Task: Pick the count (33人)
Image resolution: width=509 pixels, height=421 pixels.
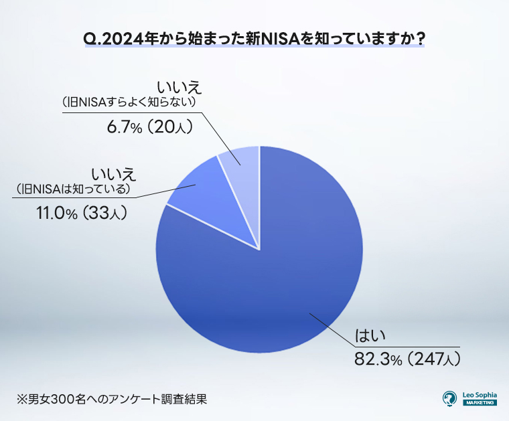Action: click(x=104, y=214)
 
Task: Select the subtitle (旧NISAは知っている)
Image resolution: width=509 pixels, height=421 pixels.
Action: click(x=73, y=189)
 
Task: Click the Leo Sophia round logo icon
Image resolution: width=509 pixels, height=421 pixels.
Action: click(x=450, y=398)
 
